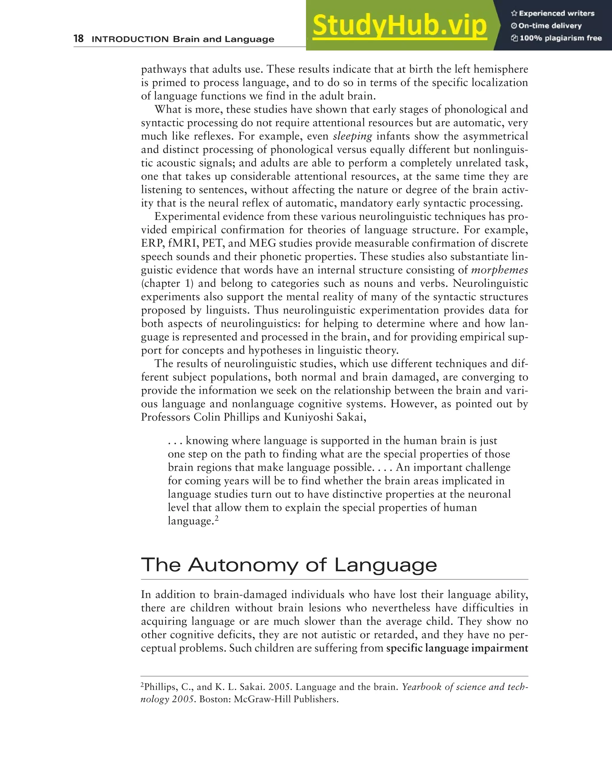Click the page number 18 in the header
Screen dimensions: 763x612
(x=78, y=38)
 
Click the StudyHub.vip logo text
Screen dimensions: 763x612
(x=400, y=25)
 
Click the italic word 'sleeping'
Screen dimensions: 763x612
(x=352, y=136)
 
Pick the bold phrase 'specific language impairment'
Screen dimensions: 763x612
(x=457, y=648)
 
